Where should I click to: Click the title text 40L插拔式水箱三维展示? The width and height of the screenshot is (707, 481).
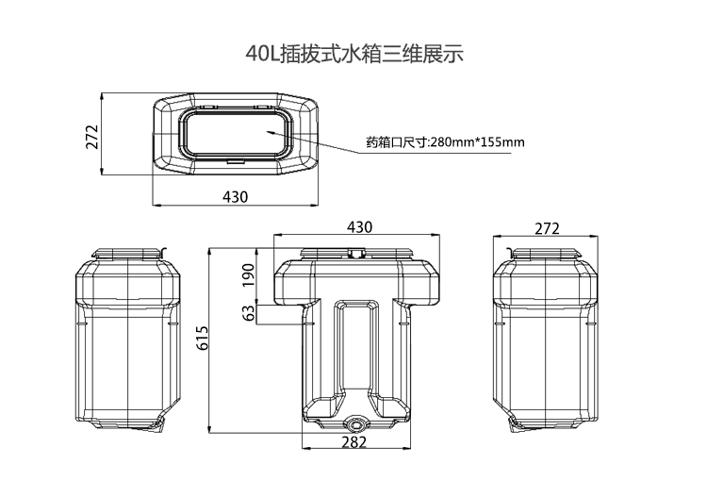pyautogui.click(x=353, y=54)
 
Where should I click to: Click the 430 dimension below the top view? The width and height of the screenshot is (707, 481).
pyautogui.click(x=235, y=196)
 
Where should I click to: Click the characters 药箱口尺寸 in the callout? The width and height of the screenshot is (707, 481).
pyautogui.click(x=397, y=142)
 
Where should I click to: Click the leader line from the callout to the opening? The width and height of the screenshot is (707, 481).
pyautogui.click(x=316, y=138)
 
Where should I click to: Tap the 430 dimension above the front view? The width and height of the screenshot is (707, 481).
pyautogui.click(x=360, y=227)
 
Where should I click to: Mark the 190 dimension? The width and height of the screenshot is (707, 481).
pyautogui.click(x=249, y=274)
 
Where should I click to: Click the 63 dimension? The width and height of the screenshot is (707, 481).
pyautogui.click(x=249, y=312)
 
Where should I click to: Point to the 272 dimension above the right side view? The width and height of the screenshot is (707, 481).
pyautogui.click(x=547, y=228)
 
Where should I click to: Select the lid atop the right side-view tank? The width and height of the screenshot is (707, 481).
pyautogui.click(x=548, y=252)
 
